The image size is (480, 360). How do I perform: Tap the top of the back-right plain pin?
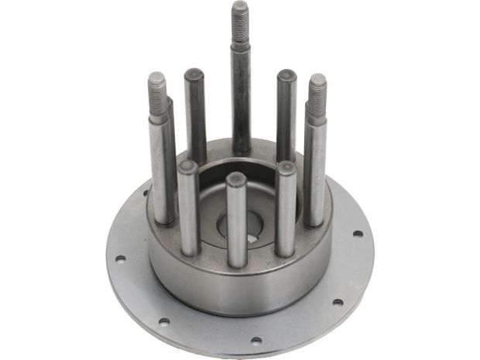pos(286,76)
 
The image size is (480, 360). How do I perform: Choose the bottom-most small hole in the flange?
pos(255,338)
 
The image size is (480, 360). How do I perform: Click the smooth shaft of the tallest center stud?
pos(241,93)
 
